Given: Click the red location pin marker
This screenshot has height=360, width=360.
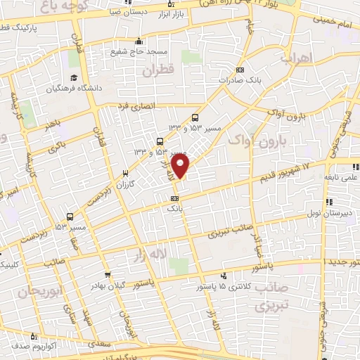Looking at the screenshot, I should point(181,166).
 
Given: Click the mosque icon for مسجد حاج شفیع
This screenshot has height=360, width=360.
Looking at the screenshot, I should point(139,40).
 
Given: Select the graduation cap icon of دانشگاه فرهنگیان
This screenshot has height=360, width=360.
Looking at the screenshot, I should point(72,79).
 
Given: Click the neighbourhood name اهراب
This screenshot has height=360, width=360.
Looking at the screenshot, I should point(295,59).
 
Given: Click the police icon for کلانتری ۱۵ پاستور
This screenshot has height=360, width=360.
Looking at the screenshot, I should point(224,276).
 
